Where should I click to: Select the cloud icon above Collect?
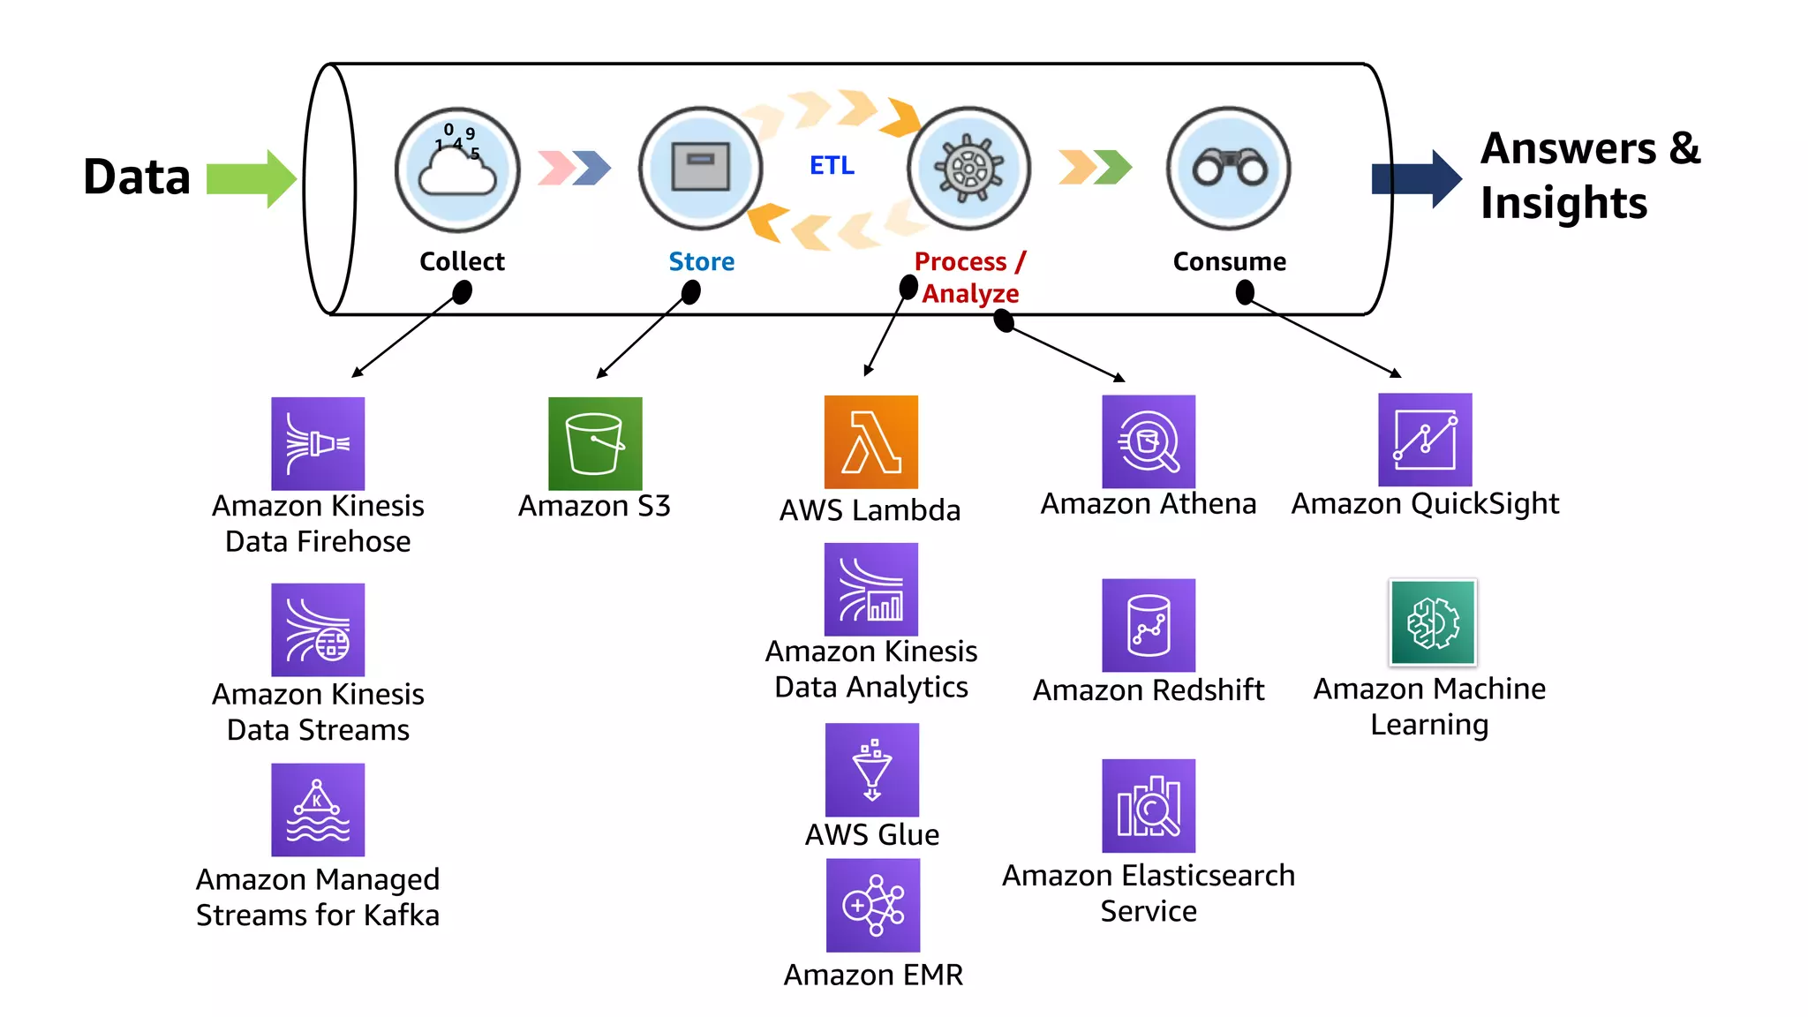click(457, 169)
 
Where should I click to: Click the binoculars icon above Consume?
click(1229, 168)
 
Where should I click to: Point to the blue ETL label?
click(832, 165)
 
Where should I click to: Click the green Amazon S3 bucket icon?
click(595, 443)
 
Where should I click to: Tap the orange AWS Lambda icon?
click(870, 441)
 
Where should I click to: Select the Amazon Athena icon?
click(1148, 441)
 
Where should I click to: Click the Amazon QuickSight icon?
click(1425, 440)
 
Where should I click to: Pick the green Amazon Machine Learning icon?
click(1432, 622)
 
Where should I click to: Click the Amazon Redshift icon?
click(1148, 625)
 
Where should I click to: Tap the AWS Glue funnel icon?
click(871, 770)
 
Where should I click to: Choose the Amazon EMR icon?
click(872, 906)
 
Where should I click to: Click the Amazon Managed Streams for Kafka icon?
click(318, 810)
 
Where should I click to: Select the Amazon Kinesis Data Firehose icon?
click(318, 443)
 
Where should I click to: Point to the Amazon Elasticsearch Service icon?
click(1148, 806)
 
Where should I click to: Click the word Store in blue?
click(701, 261)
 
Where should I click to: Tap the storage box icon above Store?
click(700, 168)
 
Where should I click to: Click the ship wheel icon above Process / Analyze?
click(968, 168)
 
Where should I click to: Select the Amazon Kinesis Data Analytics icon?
click(870, 589)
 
